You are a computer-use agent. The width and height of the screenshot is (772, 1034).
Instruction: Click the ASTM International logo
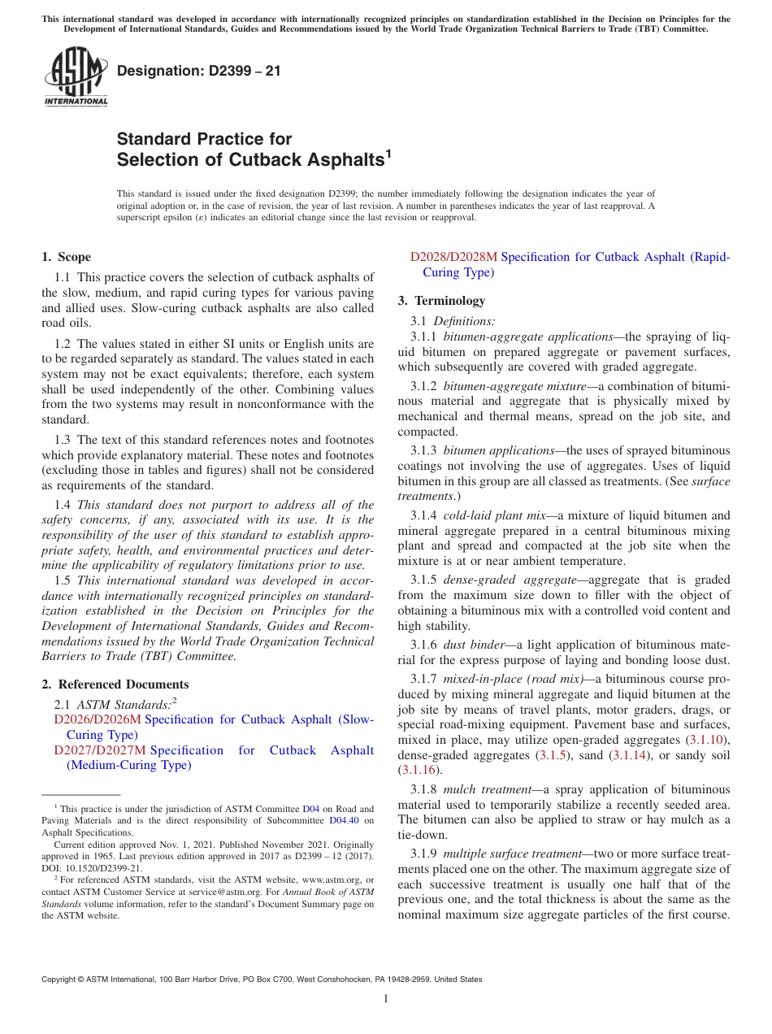[76, 77]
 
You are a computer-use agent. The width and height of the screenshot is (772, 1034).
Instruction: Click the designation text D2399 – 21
[199, 71]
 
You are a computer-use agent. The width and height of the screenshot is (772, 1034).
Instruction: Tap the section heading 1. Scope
[66, 257]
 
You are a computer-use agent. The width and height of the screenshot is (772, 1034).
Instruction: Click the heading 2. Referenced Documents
[115, 684]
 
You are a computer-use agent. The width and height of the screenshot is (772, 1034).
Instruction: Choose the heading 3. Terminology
[441, 301]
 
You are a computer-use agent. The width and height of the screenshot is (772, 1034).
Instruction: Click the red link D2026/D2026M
[98, 719]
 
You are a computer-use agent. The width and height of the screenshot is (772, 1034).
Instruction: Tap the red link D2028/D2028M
[453, 257]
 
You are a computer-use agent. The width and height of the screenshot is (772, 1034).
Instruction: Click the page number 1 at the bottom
[386, 999]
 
